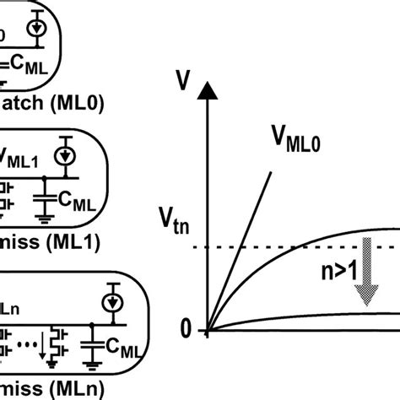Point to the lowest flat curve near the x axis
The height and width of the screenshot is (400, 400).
[x=321, y=316]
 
